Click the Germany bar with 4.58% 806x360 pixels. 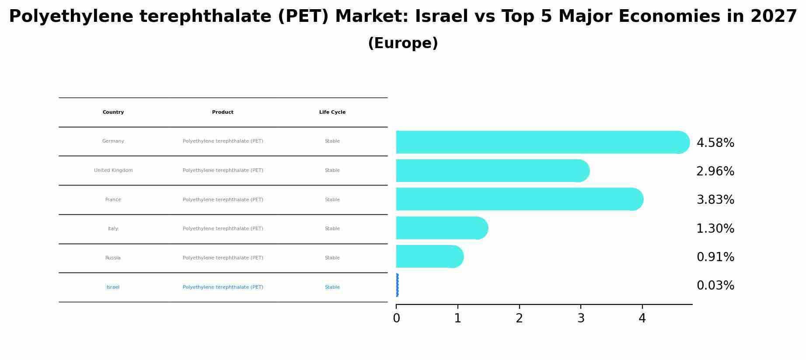point(542,142)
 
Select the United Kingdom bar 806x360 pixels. point(492,171)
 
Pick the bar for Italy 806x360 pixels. point(442,228)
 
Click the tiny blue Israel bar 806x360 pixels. point(397,285)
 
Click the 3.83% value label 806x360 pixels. point(715,200)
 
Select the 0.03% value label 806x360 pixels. point(715,286)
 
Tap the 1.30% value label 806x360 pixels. point(715,229)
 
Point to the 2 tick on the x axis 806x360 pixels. point(519,318)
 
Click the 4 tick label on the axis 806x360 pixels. point(642,318)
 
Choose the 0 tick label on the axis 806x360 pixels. point(396,318)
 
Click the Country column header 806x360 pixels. point(113,112)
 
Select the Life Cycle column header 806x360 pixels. point(332,112)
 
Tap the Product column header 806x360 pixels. point(223,112)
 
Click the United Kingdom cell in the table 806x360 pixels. point(113,171)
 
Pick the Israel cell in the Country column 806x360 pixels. point(113,287)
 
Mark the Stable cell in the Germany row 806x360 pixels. point(332,141)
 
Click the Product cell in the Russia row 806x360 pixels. point(223,258)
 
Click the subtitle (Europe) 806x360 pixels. point(403,43)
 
